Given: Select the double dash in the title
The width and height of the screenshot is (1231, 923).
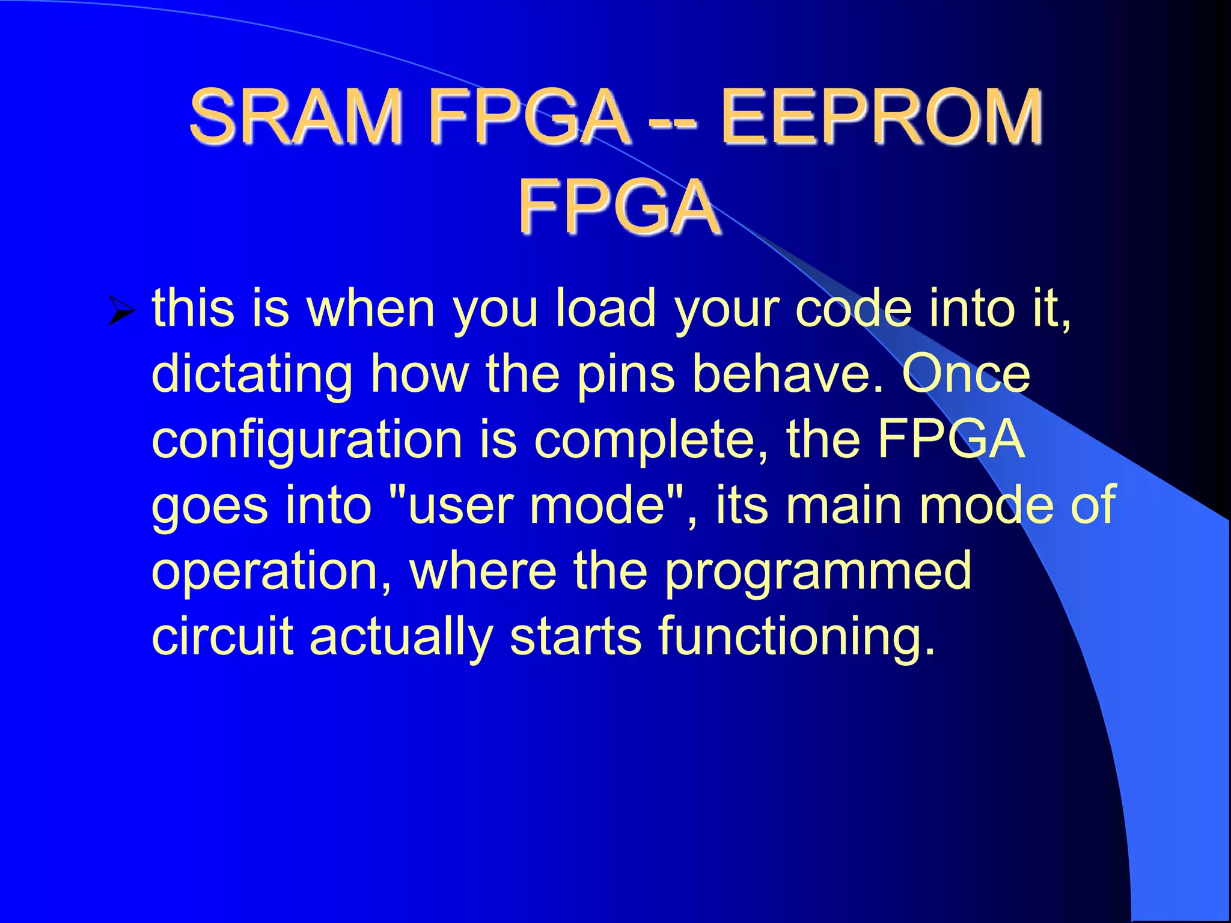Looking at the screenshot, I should click(673, 120).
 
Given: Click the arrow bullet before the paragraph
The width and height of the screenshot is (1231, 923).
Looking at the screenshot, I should click(122, 312).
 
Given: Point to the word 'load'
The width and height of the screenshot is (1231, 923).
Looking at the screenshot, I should click(605, 308).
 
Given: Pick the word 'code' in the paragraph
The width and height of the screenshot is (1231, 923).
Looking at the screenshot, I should click(854, 308).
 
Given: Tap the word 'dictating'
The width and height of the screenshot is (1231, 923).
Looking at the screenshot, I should click(252, 374).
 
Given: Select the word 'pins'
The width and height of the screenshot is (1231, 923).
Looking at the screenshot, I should click(626, 374).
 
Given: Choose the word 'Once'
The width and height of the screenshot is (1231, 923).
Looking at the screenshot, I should click(965, 373).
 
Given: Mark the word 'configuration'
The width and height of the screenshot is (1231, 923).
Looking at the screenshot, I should click(307, 440).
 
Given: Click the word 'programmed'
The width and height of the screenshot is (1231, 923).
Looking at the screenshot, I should click(818, 572).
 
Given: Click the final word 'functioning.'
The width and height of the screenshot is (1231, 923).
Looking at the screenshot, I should click(797, 638).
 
